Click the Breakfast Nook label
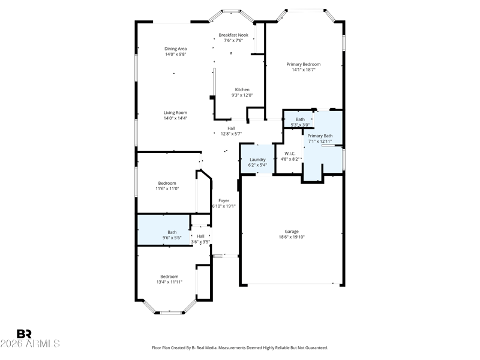click(233, 35)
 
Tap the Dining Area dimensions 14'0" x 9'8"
click(176, 54)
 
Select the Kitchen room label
click(242, 89)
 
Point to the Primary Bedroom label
click(304, 64)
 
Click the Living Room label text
click(175, 113)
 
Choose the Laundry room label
click(257, 160)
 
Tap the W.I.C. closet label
click(290, 154)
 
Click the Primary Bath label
click(320, 136)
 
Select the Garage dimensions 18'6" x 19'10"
click(292, 236)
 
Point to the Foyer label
click(224, 200)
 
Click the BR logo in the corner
click(24, 334)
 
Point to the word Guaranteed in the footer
click(317, 348)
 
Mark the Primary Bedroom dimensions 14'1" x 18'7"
click(304, 70)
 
